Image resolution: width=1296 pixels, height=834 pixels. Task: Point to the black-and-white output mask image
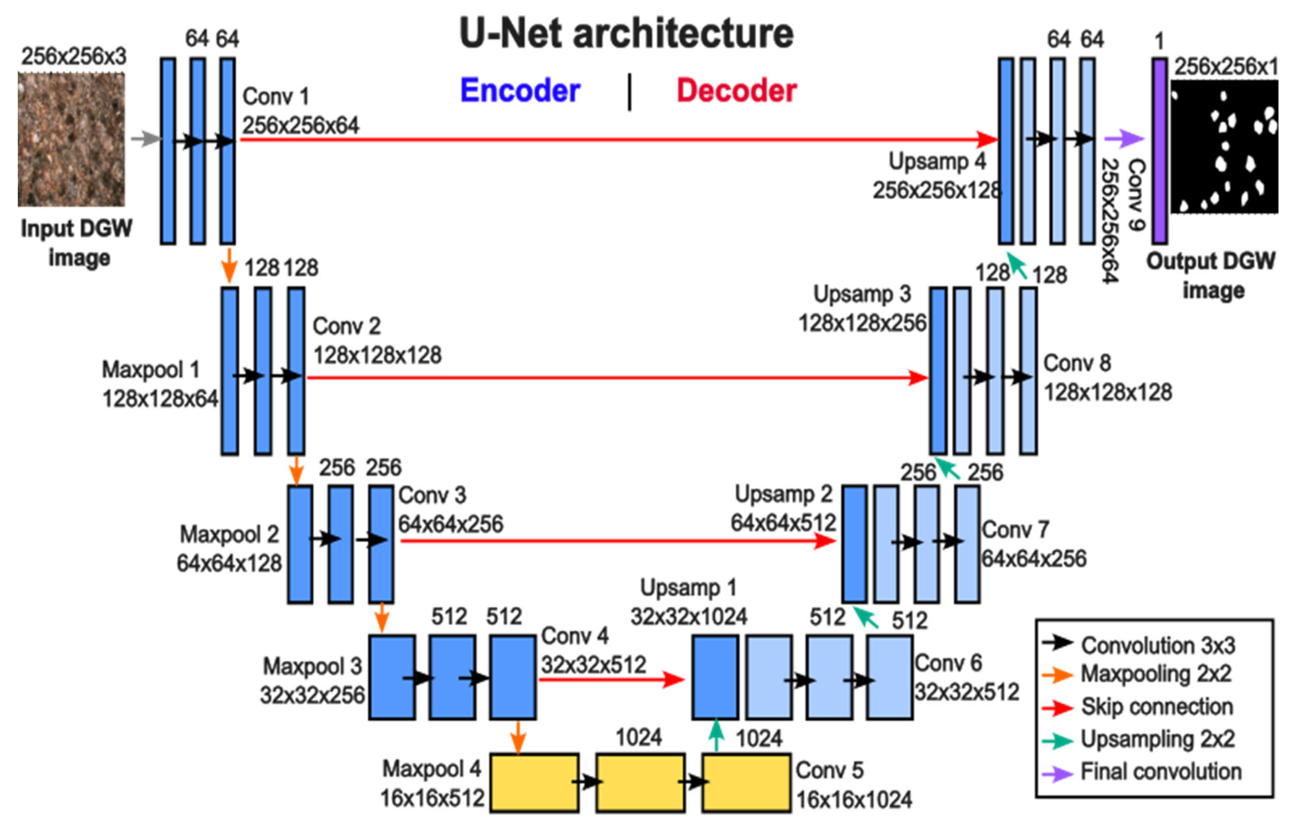click(x=1224, y=146)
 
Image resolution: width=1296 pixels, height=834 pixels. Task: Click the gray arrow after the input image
click(x=145, y=139)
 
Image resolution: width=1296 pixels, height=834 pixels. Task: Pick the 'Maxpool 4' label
click(x=431, y=769)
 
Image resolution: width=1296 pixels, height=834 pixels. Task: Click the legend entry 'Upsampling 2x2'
click(x=1157, y=739)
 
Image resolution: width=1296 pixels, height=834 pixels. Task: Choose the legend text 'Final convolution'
click(x=1161, y=772)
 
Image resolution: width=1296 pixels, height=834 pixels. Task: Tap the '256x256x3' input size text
click(x=74, y=56)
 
